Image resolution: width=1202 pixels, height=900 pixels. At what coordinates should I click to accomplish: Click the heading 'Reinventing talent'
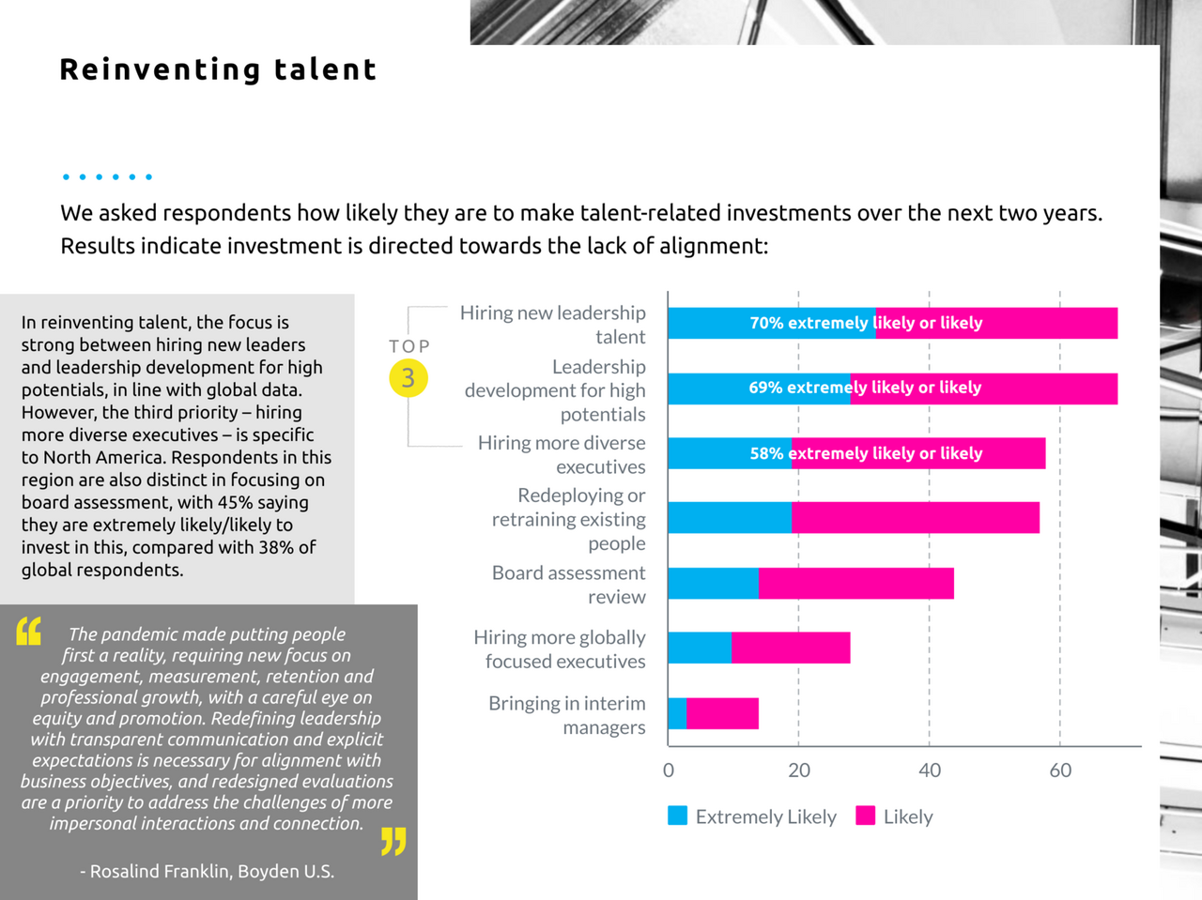coord(218,69)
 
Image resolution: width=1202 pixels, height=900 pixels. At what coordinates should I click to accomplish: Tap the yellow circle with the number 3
coord(408,378)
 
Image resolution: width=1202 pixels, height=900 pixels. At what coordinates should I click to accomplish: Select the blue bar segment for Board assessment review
coord(713,583)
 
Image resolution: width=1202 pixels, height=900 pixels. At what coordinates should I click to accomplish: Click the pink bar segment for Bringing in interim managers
coord(722,713)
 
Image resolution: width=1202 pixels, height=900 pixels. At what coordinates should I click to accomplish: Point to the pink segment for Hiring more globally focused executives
coord(791,648)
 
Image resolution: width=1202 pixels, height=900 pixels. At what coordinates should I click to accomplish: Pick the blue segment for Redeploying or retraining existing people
coord(730,518)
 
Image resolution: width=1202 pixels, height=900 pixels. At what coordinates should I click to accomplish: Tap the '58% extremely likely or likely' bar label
coord(866,453)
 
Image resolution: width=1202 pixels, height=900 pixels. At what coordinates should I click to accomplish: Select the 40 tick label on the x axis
coord(930,770)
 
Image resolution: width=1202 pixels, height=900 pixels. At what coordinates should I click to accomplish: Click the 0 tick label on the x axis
coord(669,770)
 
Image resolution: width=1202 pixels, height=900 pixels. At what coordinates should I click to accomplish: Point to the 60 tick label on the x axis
coord(1060,770)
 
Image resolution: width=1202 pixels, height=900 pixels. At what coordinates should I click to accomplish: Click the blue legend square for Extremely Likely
coord(677,816)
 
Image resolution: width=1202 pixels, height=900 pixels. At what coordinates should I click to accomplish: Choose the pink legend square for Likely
coord(866,816)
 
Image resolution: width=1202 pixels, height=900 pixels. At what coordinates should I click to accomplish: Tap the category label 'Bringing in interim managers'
coord(567,715)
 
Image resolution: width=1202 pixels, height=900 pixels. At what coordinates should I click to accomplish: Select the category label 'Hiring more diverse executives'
coord(562,454)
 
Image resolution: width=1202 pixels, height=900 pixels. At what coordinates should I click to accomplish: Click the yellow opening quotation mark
coord(29,632)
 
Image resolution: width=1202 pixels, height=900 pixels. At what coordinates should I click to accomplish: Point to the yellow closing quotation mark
coord(393,841)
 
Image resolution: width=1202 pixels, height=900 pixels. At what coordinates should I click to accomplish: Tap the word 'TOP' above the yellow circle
coord(409,346)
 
